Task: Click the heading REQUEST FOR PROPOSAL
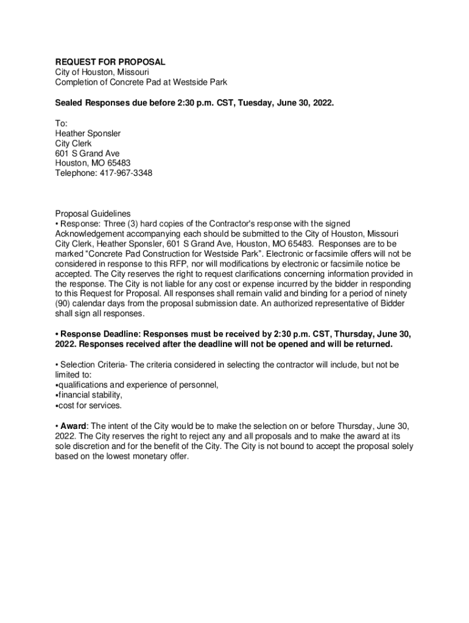[x=110, y=62]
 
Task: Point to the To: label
[x=62, y=123]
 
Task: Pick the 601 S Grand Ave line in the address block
[x=88, y=153]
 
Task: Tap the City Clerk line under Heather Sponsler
[x=74, y=143]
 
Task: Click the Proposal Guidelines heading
[x=93, y=214]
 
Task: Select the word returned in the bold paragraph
[x=373, y=344]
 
